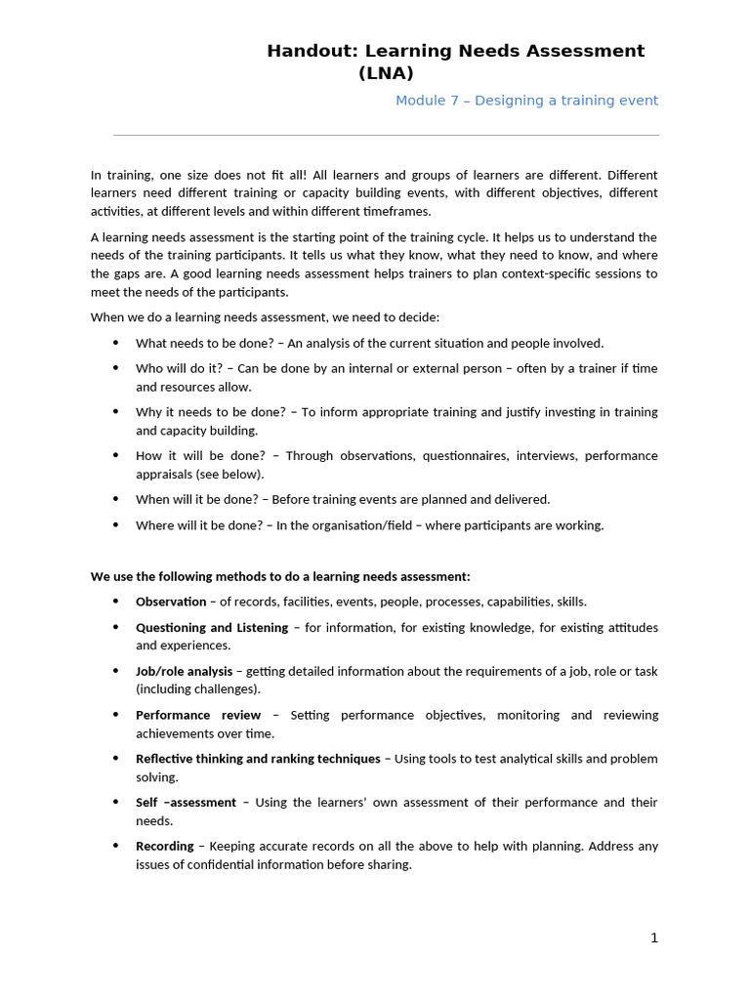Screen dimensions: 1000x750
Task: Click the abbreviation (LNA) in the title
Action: pos(386,73)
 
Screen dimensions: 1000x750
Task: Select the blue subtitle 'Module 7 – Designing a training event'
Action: pos(526,101)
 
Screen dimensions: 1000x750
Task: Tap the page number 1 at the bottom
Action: pos(654,937)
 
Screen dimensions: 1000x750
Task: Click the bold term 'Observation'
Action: pos(171,602)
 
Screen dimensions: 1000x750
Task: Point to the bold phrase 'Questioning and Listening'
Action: pos(212,627)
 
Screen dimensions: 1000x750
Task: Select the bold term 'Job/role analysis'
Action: pos(184,671)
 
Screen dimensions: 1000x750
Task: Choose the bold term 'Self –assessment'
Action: pos(186,802)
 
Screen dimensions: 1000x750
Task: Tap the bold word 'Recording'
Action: pos(164,846)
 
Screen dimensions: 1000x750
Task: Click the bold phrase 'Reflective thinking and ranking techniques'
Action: pos(258,759)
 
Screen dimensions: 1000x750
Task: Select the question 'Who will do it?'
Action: pos(179,368)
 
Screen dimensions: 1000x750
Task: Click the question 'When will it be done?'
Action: pos(196,499)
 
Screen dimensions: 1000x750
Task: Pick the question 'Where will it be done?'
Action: pos(199,525)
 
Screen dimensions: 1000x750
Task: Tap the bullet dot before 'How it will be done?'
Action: pos(115,455)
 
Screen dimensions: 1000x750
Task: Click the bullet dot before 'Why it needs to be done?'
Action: pos(115,411)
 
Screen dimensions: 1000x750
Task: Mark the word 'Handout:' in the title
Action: pos(310,51)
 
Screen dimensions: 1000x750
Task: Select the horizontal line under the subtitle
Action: pos(386,135)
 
